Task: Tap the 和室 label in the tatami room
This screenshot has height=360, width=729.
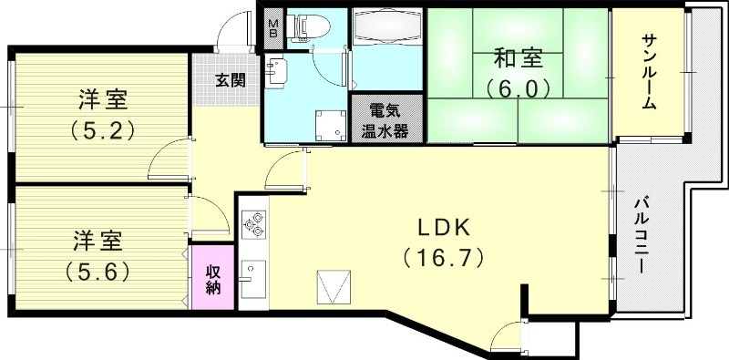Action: (518, 58)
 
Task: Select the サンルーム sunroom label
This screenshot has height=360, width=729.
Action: (648, 72)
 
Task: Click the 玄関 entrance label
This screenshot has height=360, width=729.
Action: (230, 79)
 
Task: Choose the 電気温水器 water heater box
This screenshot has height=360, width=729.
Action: (387, 117)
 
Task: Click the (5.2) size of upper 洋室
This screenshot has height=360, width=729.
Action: (103, 130)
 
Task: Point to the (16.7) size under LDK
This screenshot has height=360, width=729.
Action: (443, 259)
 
